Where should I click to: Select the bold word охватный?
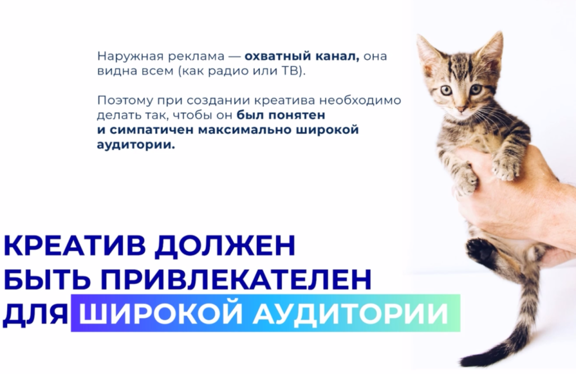[273, 57]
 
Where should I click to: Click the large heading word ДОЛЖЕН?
[225, 245]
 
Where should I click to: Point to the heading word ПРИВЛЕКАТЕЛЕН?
[236, 279]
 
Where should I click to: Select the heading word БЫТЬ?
[47, 279]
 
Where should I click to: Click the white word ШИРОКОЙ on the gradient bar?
[160, 313]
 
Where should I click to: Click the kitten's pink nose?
[460, 109]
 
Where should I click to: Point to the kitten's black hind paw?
[480, 251]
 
